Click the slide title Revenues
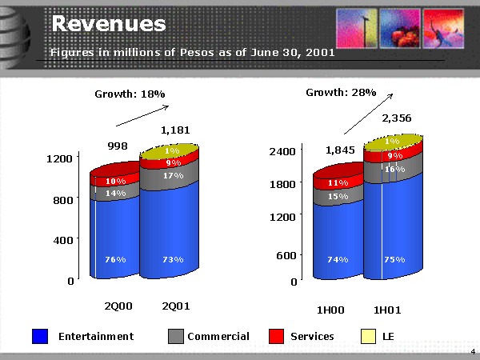(109, 24)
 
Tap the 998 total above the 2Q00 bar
(118, 146)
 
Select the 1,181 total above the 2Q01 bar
(175, 129)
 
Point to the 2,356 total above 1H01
(396, 118)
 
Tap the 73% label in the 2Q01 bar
(172, 259)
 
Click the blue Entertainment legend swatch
(41, 337)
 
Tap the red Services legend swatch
(277, 337)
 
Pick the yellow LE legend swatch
(370, 337)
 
